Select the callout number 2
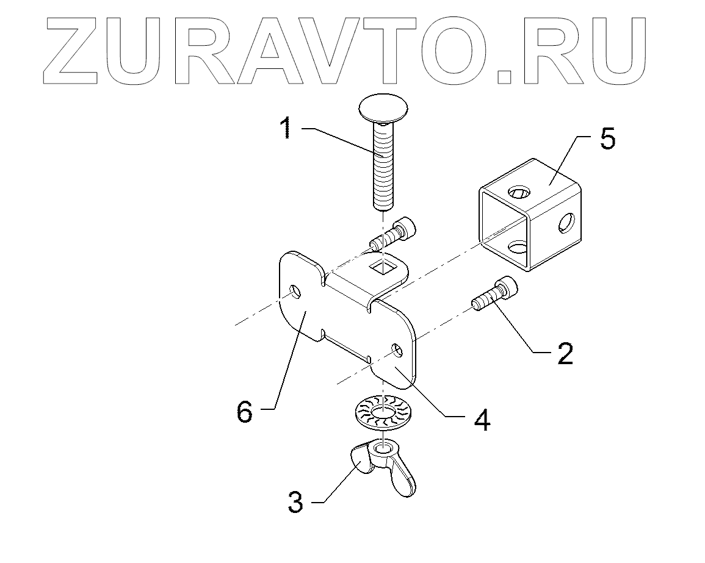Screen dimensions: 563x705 (565, 353)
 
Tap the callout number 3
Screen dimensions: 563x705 (295, 503)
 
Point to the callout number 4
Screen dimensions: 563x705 (482, 420)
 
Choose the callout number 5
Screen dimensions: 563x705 (607, 139)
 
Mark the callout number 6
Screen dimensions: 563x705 (244, 412)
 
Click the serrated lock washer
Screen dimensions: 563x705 (383, 412)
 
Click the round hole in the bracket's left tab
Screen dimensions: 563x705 (294, 292)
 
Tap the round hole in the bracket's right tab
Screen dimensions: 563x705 (397, 350)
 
